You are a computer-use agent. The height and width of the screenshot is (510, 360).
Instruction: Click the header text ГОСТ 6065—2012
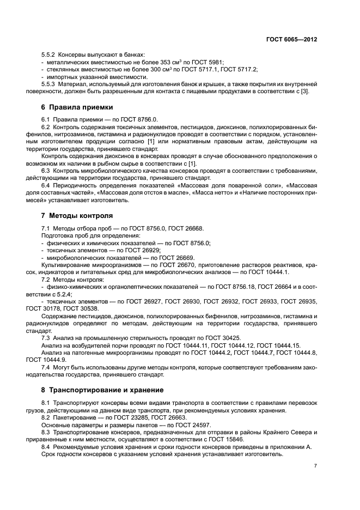click(x=291, y=40)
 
